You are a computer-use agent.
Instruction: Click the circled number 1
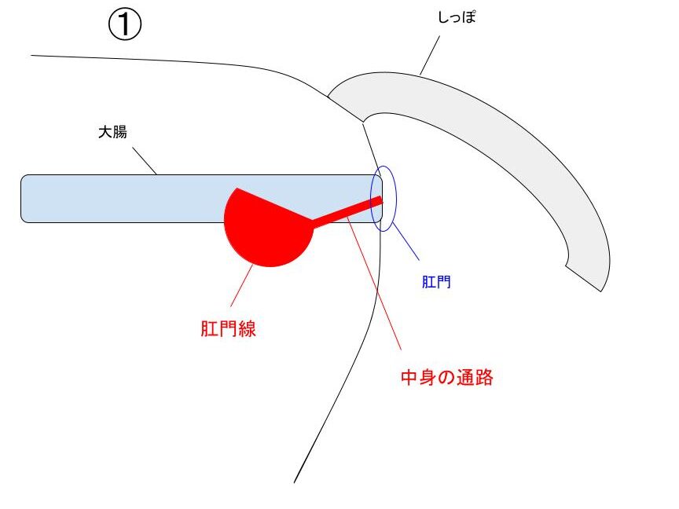coord(124,24)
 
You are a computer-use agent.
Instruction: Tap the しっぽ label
coord(457,16)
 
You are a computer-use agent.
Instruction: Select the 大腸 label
coord(112,132)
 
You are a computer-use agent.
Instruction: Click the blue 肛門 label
coord(436,282)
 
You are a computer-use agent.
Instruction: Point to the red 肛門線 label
coord(228,328)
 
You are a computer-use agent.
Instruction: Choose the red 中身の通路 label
coord(447,377)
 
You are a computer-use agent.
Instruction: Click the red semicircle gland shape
coord(269,228)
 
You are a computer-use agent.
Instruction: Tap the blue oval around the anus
coord(384,199)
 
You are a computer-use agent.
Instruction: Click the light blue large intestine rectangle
coord(202,199)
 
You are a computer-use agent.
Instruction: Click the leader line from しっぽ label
coord(430,56)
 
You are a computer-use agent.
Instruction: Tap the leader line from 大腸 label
coord(144,161)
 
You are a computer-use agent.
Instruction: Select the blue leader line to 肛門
coord(406,241)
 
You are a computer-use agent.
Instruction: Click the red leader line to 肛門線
coord(241,285)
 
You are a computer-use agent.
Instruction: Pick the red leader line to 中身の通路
coord(374,283)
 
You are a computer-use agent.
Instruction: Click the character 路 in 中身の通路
coord(484,377)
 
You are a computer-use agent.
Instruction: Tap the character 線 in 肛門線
coord(247,328)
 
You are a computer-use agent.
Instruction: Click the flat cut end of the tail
coord(584,278)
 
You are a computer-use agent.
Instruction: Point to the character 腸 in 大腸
coord(120,132)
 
